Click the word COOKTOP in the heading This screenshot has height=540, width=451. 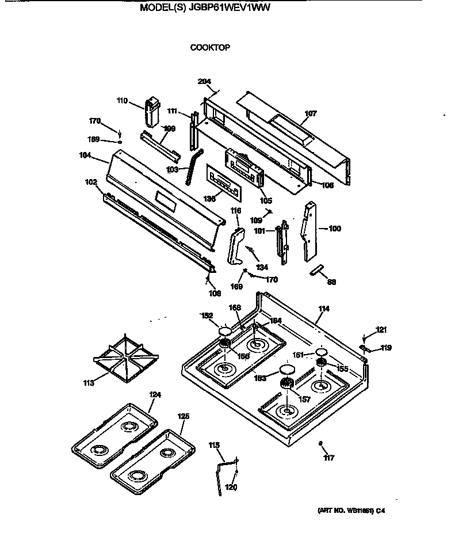click(x=210, y=48)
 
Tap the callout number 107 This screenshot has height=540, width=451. click(x=310, y=114)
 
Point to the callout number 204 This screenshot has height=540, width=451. click(x=204, y=81)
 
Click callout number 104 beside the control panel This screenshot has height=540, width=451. click(x=86, y=155)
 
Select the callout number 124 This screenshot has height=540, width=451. click(x=155, y=395)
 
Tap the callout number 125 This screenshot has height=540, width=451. click(x=183, y=416)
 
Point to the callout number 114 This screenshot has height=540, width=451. click(x=323, y=309)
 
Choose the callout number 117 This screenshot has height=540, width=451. click(x=328, y=458)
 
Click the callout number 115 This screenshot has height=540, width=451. click(x=214, y=445)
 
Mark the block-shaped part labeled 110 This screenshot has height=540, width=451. click(x=152, y=111)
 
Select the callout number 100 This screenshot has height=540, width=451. click(x=334, y=229)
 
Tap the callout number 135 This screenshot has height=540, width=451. click(x=210, y=198)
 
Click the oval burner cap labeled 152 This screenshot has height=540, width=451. click(x=224, y=331)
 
